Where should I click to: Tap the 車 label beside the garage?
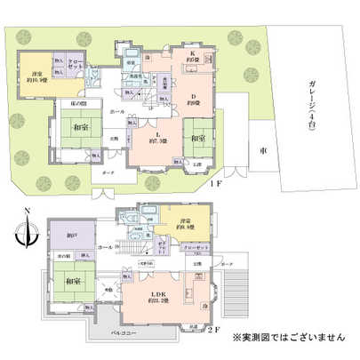(x=263, y=151)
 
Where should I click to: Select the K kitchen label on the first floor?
(x=192, y=55)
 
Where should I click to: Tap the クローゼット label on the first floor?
(x=75, y=64)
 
